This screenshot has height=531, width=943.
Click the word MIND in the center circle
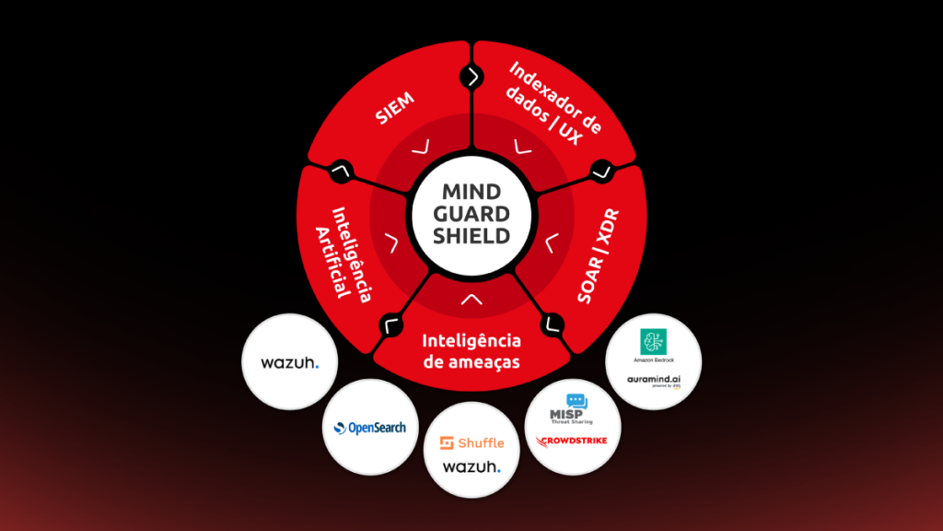(x=471, y=193)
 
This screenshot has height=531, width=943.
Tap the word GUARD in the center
(x=471, y=214)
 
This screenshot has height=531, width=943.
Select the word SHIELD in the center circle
(x=471, y=236)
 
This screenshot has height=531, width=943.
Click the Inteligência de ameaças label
(x=471, y=351)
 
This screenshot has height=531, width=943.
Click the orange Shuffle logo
(x=471, y=442)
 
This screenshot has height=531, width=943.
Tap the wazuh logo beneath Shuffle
(x=471, y=467)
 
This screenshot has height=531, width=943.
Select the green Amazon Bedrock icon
(x=654, y=338)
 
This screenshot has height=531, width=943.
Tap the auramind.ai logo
(x=654, y=379)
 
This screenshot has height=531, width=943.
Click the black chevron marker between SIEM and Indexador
(x=471, y=77)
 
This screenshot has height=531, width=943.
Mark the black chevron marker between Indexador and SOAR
(x=601, y=170)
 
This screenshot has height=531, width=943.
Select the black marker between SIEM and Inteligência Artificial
(x=342, y=170)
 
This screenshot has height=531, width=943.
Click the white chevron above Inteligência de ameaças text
(x=471, y=298)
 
